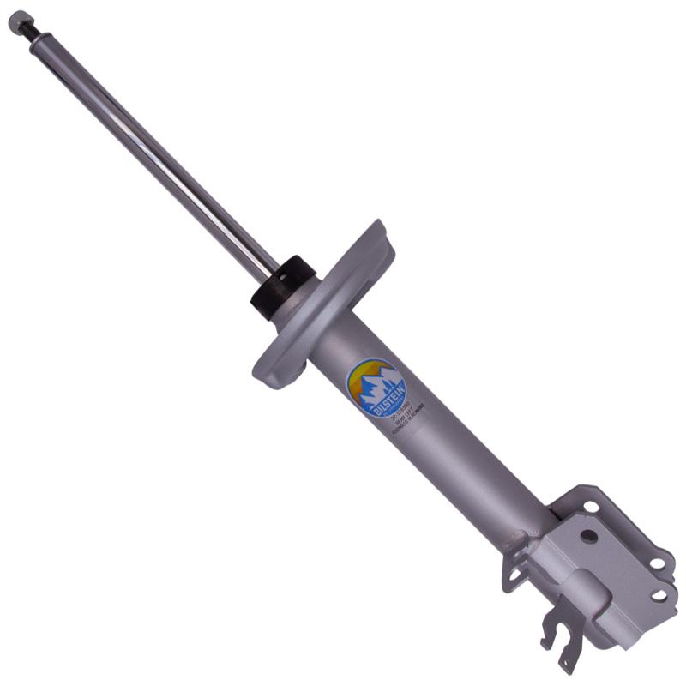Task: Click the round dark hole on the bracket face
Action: [x=587, y=536]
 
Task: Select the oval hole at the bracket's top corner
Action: [x=591, y=506]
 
